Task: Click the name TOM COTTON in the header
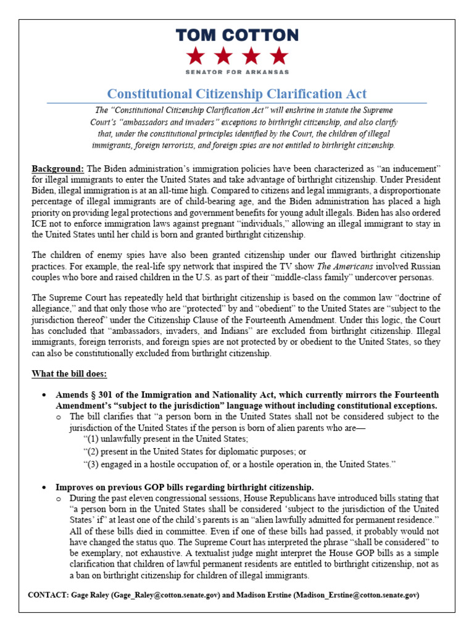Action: coord(236,35)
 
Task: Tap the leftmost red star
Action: coord(196,56)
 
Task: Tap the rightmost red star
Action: coord(278,56)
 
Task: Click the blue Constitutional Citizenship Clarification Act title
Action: coord(236,94)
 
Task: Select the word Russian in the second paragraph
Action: coord(426,266)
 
